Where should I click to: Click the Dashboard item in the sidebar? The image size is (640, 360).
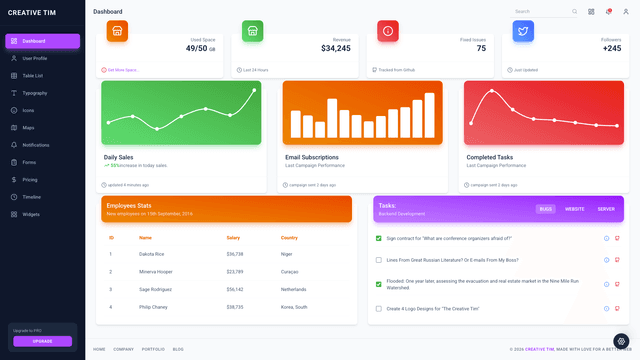[x=42, y=41]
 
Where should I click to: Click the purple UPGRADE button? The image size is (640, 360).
[x=42, y=341]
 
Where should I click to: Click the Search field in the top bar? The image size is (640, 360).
[x=540, y=12]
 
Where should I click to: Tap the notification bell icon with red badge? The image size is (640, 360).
[x=608, y=12]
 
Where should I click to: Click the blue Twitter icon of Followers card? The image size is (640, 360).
[x=523, y=32]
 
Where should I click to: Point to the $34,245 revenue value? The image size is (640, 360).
[x=335, y=48]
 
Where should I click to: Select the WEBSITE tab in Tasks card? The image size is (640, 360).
[x=575, y=209]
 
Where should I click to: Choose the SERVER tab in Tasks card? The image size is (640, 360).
[x=606, y=209]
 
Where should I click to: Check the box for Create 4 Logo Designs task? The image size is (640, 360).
[x=378, y=309]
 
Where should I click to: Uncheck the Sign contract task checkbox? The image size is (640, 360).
[x=378, y=238]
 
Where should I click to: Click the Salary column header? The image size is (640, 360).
[x=233, y=238]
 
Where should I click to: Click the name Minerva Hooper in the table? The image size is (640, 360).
[x=156, y=272]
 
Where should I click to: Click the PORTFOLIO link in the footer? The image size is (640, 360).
[x=153, y=349]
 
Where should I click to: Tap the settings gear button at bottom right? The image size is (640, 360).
[x=621, y=341]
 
